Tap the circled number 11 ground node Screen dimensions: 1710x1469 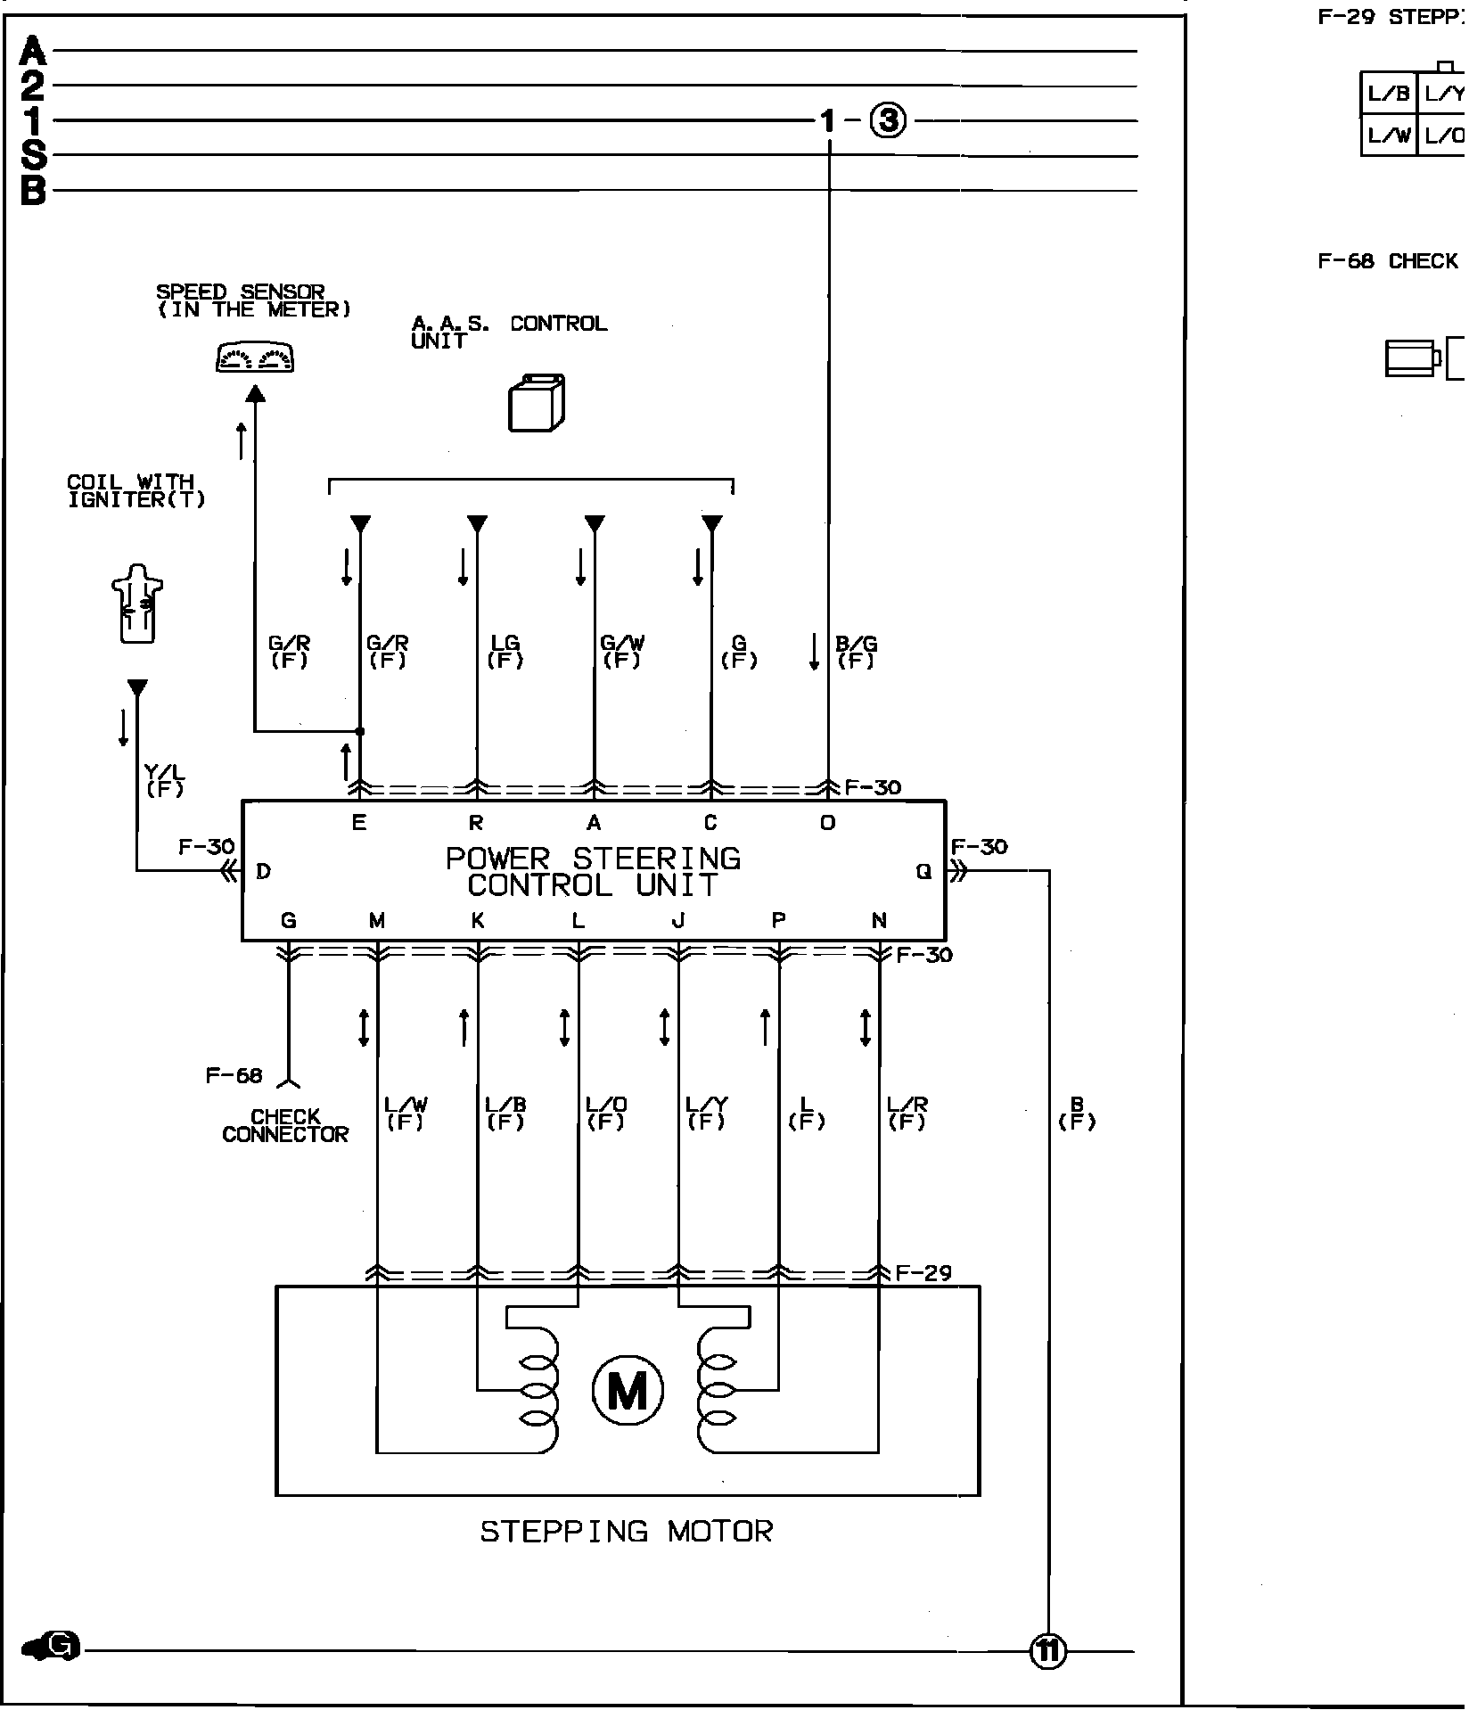point(1047,1651)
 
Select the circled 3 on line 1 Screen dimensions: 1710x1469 point(888,120)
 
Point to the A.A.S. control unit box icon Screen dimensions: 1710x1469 point(536,403)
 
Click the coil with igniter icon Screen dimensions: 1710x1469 point(137,603)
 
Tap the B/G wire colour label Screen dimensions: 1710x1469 point(856,652)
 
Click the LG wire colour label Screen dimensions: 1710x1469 point(505,652)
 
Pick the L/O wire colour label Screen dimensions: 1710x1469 point(606,1113)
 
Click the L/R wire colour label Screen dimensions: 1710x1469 point(907,1113)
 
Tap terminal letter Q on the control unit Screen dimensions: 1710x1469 point(923,872)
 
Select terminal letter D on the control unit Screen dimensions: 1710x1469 point(263,872)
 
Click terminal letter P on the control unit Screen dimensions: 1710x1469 point(779,921)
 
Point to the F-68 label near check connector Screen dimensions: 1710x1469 point(234,1075)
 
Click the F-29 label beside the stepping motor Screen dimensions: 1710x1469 point(923,1273)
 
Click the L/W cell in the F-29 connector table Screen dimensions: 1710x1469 point(1389,136)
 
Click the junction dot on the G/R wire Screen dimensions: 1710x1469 point(360,731)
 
